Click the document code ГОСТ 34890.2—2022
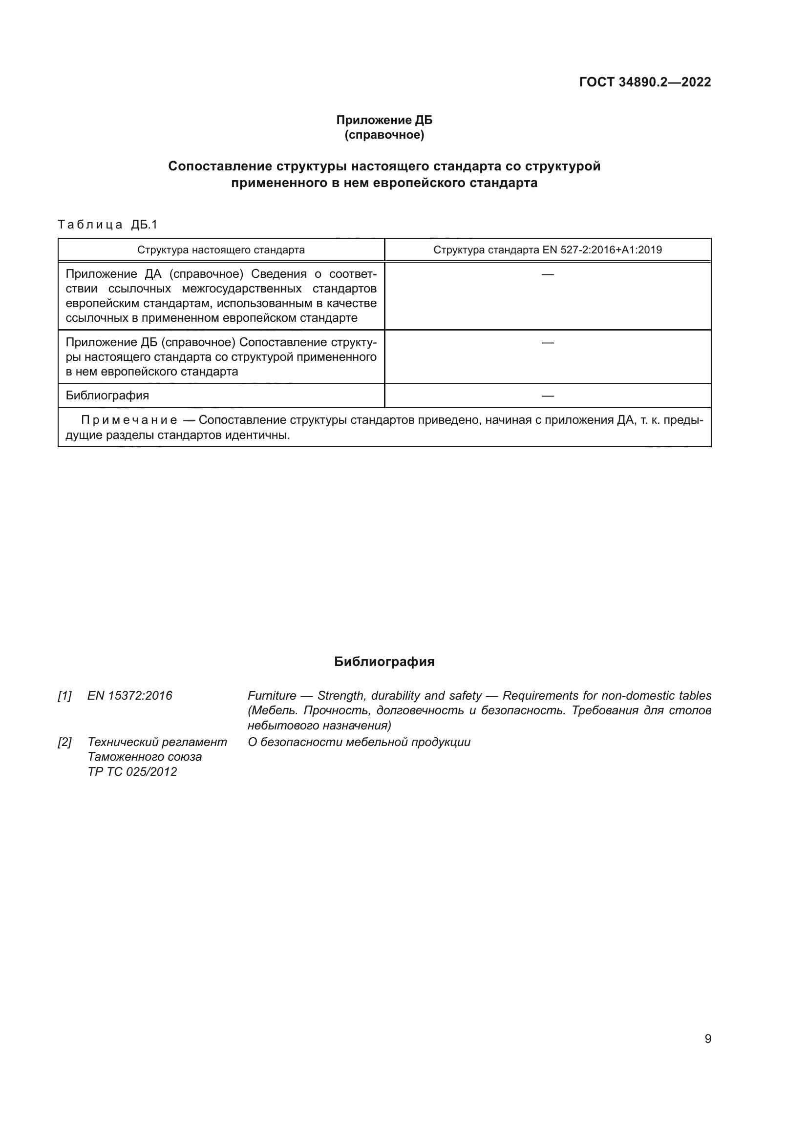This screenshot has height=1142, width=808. (x=645, y=82)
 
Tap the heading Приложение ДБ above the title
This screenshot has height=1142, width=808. (x=384, y=120)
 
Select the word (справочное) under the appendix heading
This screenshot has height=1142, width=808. (x=384, y=135)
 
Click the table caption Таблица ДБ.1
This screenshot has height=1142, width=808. (x=107, y=224)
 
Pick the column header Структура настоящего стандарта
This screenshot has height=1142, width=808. (x=221, y=249)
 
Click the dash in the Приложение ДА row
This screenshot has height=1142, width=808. (x=547, y=274)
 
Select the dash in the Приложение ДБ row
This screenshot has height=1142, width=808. (x=547, y=343)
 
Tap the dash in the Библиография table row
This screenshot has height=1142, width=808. (x=547, y=396)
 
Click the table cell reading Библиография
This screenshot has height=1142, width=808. (x=107, y=396)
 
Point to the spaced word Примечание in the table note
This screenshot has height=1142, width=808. (x=129, y=420)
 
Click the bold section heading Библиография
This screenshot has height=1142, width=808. (x=384, y=662)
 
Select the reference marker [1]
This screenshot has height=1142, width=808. (x=64, y=696)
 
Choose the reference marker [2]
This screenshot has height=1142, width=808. (x=64, y=742)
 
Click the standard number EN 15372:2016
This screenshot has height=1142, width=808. (x=130, y=696)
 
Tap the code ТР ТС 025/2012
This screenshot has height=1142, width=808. (x=132, y=771)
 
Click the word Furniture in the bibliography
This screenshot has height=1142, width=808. (x=272, y=696)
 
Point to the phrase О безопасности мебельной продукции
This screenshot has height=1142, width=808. (x=359, y=742)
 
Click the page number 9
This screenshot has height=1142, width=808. (x=708, y=1039)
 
